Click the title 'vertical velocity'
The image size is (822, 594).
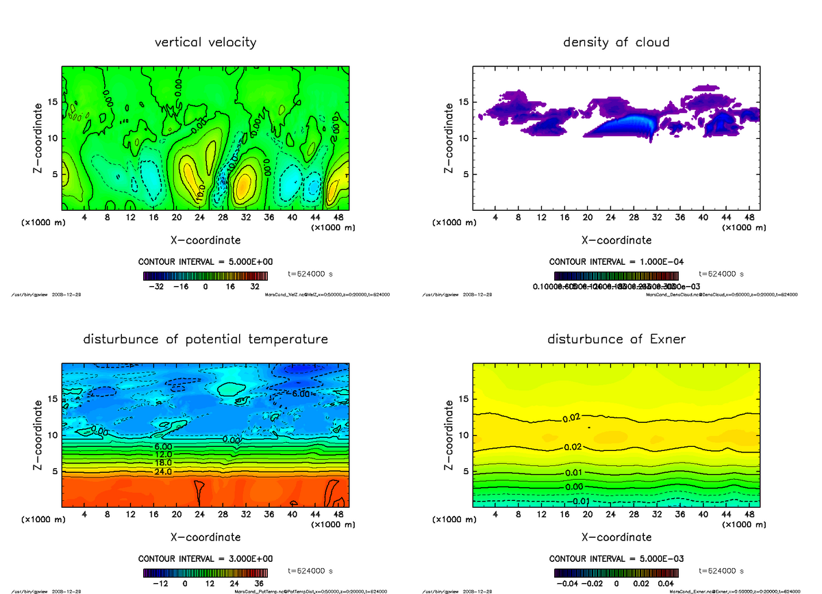tap(206, 42)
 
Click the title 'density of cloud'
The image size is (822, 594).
tap(616, 42)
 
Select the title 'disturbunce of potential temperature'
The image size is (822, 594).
tap(206, 339)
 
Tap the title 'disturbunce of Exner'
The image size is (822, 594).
tap(616, 339)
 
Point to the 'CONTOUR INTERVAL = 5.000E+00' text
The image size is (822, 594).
tap(206, 262)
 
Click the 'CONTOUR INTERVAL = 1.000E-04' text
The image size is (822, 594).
tap(616, 262)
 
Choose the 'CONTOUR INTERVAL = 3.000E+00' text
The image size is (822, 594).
tap(206, 559)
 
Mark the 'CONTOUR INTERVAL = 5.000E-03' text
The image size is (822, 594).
tap(616, 559)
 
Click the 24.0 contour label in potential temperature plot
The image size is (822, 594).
tap(163, 472)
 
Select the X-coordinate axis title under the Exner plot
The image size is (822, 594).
tap(616, 537)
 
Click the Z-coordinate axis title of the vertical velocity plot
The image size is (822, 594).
tap(40, 138)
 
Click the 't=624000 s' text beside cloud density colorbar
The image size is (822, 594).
tap(721, 274)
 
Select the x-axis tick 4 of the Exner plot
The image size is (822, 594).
tap(495, 515)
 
